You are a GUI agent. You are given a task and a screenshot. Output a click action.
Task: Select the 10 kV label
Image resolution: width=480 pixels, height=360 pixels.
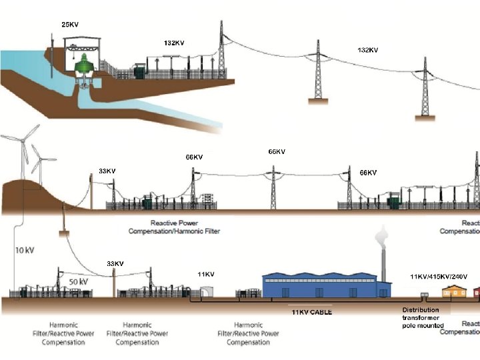25,251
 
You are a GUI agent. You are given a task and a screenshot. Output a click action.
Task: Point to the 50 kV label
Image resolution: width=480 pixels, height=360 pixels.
79,281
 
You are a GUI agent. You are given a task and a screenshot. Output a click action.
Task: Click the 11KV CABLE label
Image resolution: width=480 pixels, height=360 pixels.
311,312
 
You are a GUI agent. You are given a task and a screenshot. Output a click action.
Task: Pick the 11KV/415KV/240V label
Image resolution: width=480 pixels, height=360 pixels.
439,275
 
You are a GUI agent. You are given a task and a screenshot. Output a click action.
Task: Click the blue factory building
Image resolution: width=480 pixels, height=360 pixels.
326,285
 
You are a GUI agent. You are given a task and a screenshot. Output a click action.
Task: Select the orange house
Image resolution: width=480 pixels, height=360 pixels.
455,291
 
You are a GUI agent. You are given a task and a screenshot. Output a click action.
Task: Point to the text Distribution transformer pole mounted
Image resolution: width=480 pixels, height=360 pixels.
423,317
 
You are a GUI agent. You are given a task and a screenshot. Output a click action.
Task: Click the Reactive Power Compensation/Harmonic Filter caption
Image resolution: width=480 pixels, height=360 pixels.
174,227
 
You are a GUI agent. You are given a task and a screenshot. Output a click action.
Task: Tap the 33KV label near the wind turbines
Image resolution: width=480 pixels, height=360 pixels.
107,171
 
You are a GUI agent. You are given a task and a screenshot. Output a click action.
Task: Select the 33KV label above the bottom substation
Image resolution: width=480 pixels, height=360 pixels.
115,263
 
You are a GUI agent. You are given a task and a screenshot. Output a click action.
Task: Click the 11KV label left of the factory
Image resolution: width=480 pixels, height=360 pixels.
206,274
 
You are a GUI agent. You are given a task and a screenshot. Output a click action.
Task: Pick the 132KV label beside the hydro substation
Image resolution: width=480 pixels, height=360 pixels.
174,43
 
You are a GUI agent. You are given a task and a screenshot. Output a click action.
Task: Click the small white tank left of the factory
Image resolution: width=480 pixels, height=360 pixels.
207,292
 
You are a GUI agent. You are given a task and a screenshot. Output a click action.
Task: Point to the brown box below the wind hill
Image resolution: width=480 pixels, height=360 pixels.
64,234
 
